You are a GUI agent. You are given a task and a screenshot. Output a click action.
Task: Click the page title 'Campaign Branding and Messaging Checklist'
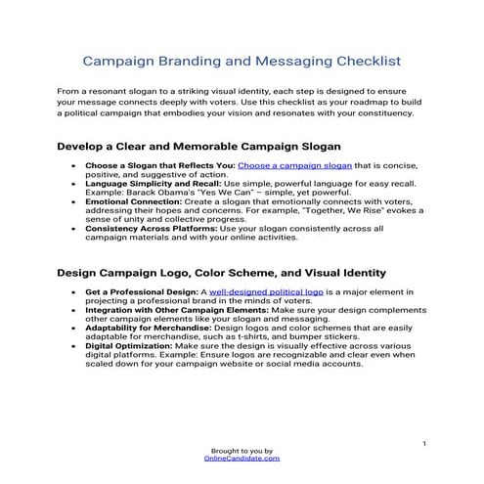pyautogui.click(x=242, y=62)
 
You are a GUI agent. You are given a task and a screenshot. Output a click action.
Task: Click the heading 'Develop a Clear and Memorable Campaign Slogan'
pyautogui.click(x=198, y=147)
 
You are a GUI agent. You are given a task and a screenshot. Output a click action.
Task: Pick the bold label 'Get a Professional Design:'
pyautogui.click(x=141, y=291)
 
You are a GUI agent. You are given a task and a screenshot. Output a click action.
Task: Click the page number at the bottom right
pyautogui.click(x=423, y=444)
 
